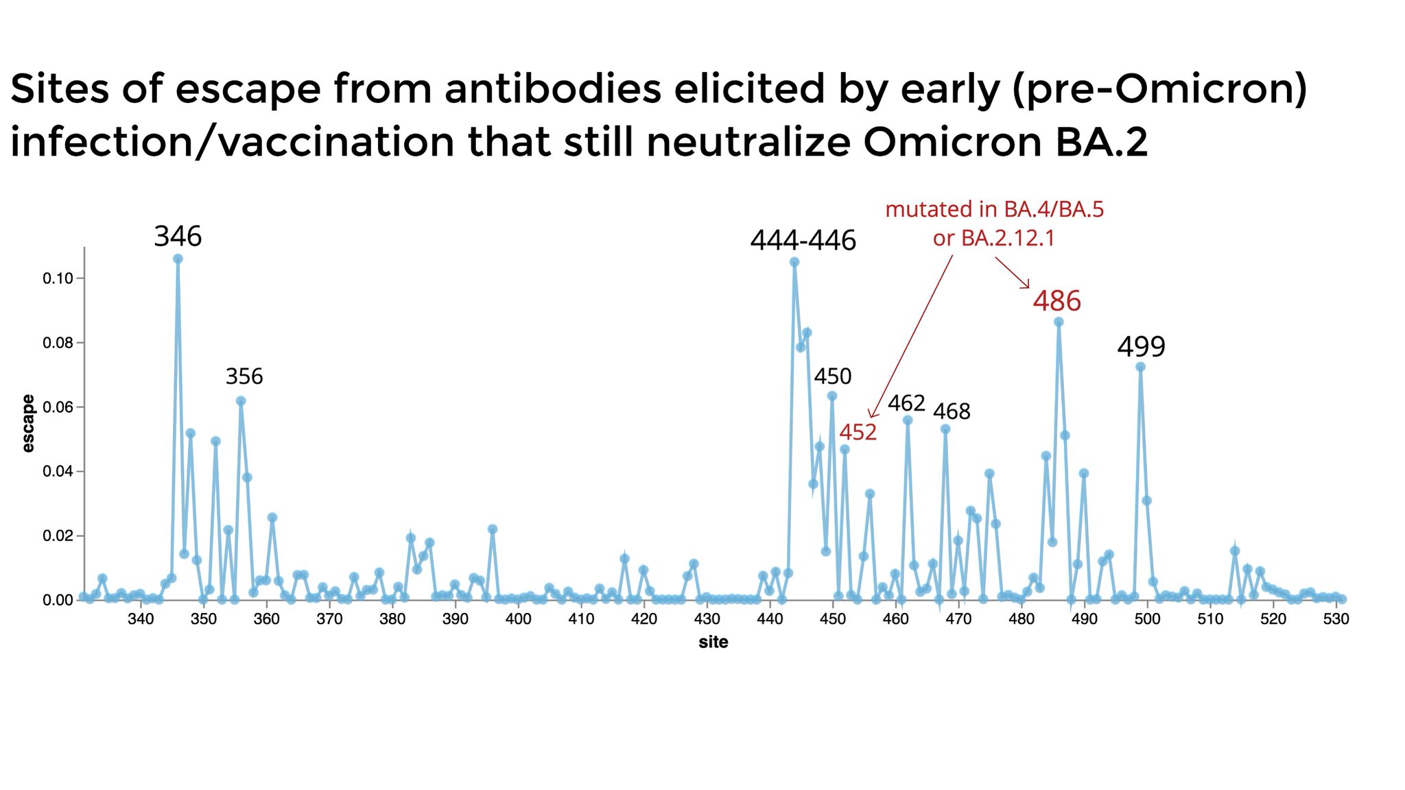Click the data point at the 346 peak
pos(178,259)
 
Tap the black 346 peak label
pos(178,237)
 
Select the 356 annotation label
pos(244,376)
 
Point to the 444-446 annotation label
pos(803,241)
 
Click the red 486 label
pos(1056,301)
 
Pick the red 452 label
pos(858,432)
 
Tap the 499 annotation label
pos(1141,347)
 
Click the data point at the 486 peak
pos(1059,322)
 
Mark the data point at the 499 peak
pos(1140,367)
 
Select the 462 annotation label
pos(906,403)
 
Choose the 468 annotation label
pos(952,411)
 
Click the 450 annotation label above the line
pos(832,376)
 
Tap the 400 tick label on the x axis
pos(518,619)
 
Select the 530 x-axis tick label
pos(1336,619)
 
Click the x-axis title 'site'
pos(713,643)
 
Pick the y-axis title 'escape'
pos(28,423)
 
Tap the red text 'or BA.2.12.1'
pos(993,238)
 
